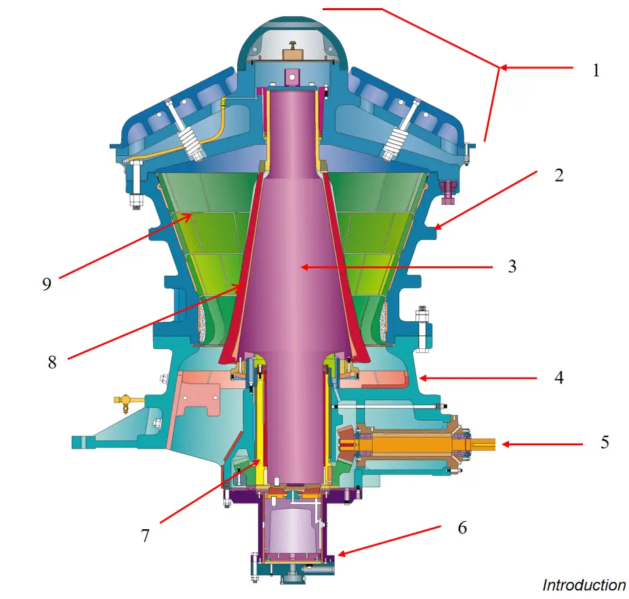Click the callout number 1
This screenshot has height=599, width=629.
click(x=596, y=70)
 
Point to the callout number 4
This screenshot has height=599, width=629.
click(x=559, y=377)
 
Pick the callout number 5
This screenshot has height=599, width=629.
click(x=605, y=443)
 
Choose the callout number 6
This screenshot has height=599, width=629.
click(x=462, y=527)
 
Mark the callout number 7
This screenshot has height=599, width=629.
click(x=144, y=535)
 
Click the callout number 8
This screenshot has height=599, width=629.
click(x=52, y=361)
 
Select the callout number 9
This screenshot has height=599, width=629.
click(x=46, y=283)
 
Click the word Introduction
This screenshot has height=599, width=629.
click(x=584, y=585)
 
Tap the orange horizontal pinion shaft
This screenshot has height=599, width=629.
click(x=407, y=445)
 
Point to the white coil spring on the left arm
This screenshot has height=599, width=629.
click(x=189, y=141)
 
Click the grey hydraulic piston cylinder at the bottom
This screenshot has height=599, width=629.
click(x=290, y=529)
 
